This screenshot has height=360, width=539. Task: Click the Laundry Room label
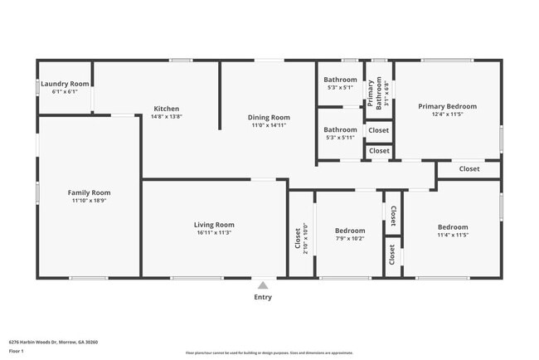coord(66,84)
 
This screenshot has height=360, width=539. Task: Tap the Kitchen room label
coord(167,109)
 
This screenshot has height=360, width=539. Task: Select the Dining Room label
coord(269,117)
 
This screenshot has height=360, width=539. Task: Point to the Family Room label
coord(89,192)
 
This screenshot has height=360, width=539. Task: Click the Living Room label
coord(214,224)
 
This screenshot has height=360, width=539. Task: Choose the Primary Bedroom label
coord(447,106)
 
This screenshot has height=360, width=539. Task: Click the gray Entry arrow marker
coord(263,285)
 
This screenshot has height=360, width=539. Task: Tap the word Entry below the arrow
coord(263,297)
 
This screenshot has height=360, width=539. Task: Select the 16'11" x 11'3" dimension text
coord(214,232)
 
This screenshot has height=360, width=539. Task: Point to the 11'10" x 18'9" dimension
coord(89,201)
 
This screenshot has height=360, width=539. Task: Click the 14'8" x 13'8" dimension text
coord(167,117)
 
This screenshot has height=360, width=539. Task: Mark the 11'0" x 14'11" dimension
coord(269,125)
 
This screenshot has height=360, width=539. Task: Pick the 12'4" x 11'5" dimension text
coord(447,114)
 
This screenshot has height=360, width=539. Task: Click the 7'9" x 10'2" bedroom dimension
coord(350,239)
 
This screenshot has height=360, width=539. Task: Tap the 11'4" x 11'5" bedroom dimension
coord(453,236)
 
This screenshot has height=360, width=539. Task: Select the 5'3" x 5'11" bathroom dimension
coord(340,138)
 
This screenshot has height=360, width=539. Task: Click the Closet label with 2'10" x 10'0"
coord(298,238)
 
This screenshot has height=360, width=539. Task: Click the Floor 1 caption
coord(17,351)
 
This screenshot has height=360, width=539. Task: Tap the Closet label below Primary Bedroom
coord(469,168)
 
